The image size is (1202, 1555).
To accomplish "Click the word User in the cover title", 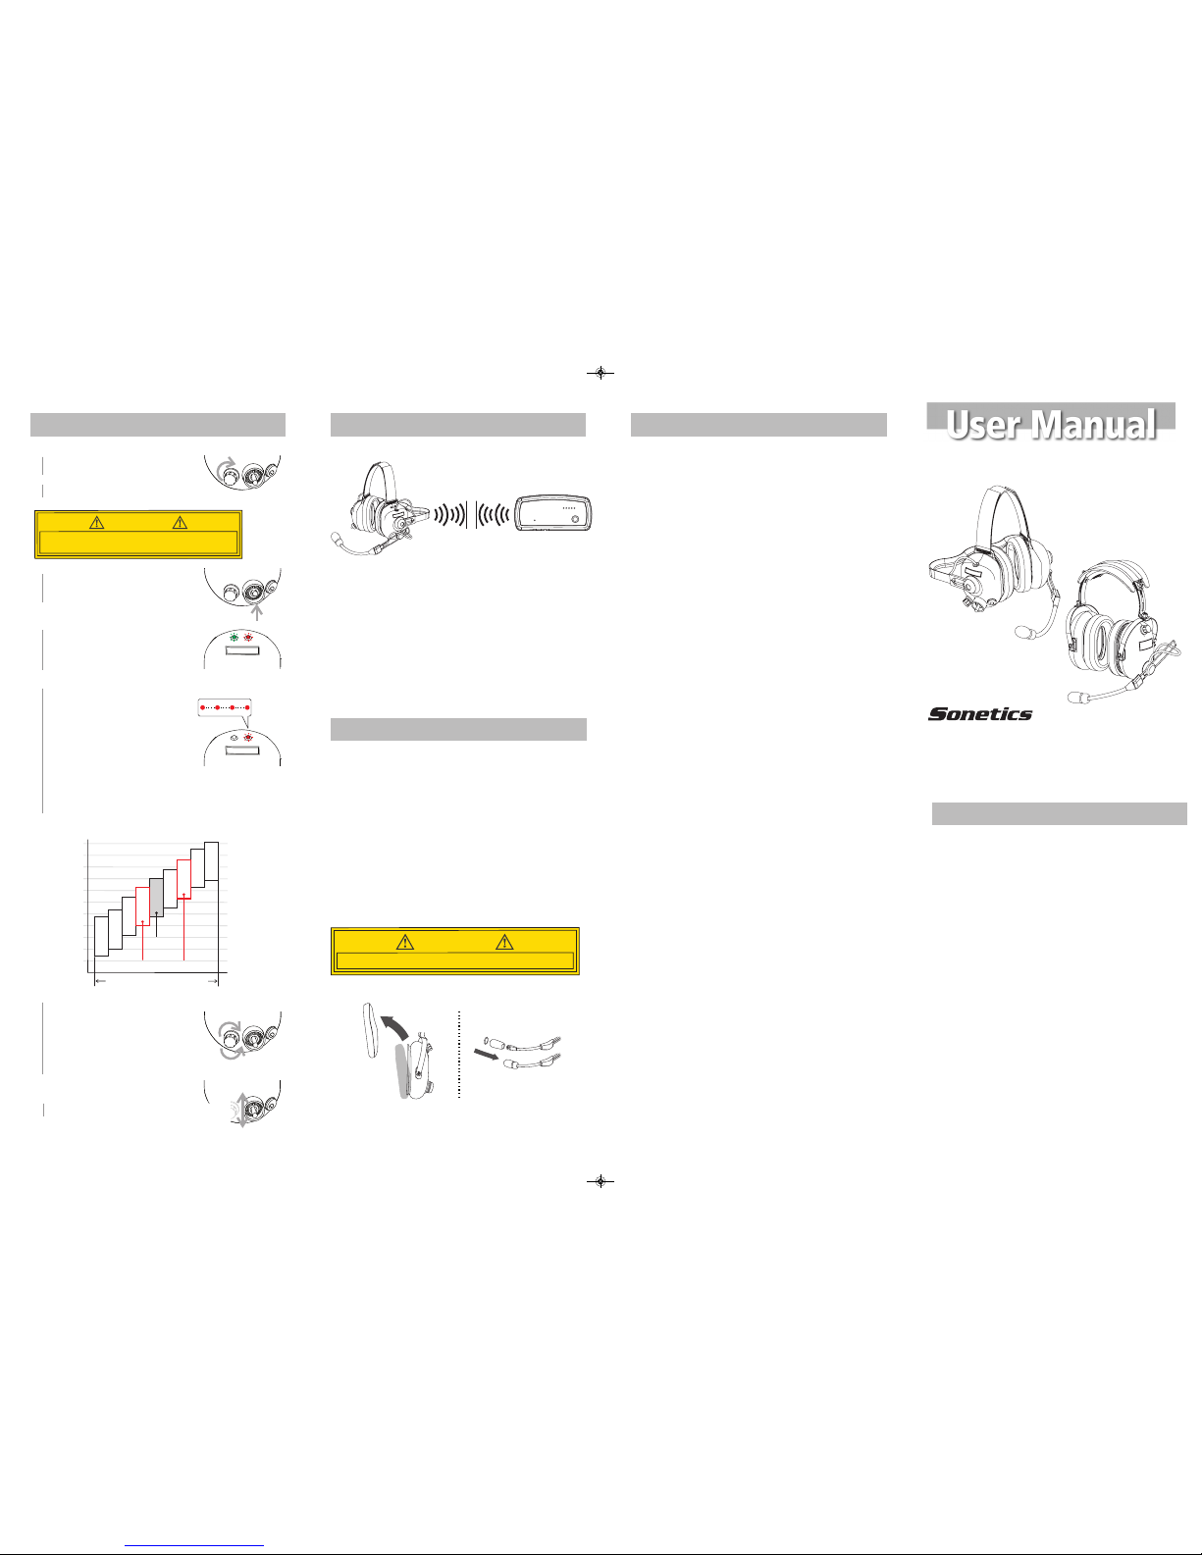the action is pyautogui.click(x=984, y=425).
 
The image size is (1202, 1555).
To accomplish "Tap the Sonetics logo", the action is pyautogui.click(x=980, y=713).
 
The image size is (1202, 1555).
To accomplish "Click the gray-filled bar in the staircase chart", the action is pyautogui.click(x=156, y=898).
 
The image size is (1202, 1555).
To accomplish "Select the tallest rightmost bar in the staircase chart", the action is pyautogui.click(x=211, y=860).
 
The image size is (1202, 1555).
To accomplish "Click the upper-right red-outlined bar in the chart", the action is pyautogui.click(x=183, y=879).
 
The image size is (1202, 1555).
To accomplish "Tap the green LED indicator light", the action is pyautogui.click(x=234, y=637).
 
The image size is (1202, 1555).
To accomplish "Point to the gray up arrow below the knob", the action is pyautogui.click(x=257, y=612).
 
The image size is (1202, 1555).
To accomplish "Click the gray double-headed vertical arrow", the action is pyautogui.click(x=243, y=1110).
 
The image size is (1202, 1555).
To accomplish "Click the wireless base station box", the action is pyautogui.click(x=555, y=513).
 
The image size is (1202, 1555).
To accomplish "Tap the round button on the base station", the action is pyautogui.click(x=575, y=518).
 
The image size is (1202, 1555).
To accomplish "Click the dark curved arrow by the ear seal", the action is pyautogui.click(x=394, y=1026).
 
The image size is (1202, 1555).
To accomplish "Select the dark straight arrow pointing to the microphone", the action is pyautogui.click(x=487, y=1055).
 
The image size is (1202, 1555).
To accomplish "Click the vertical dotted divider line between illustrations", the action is pyautogui.click(x=458, y=1054).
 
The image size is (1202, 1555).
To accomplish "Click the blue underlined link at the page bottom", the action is pyautogui.click(x=194, y=1546).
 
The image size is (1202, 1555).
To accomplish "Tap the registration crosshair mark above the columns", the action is pyautogui.click(x=601, y=373).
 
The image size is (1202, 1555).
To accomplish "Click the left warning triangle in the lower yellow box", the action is pyautogui.click(x=405, y=942).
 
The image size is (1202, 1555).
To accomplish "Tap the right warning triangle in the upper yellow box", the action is pyautogui.click(x=180, y=522).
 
